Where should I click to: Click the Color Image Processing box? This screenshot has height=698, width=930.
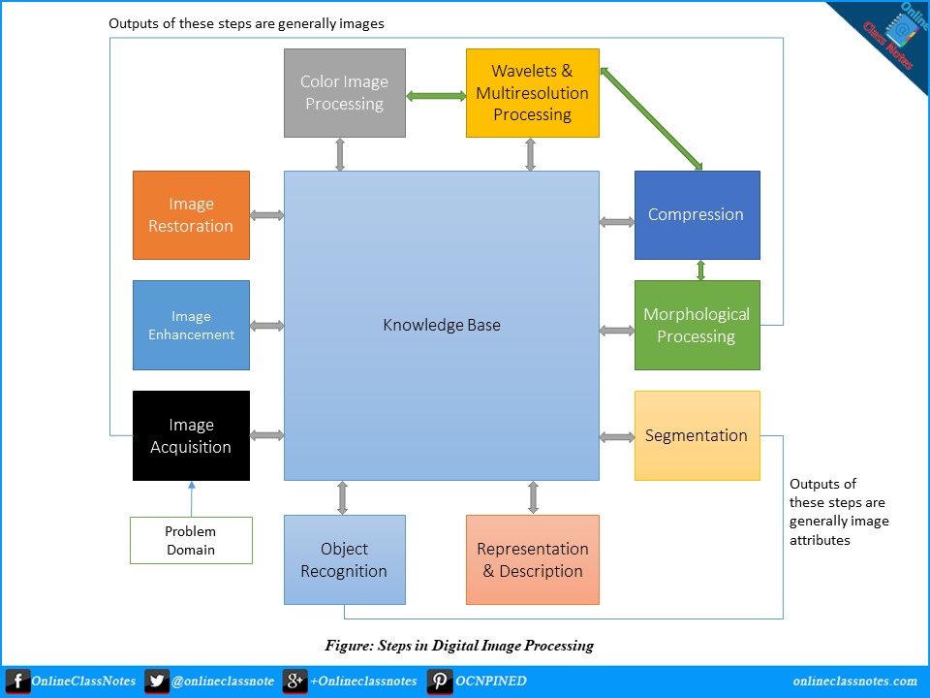point(345,93)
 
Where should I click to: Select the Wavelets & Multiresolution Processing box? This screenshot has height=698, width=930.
point(533,93)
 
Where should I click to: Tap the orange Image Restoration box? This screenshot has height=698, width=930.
point(191,215)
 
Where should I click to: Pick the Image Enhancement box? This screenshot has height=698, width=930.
point(191,326)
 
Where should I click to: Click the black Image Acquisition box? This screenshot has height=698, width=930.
point(191,435)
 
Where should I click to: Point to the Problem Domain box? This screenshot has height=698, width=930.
point(191,540)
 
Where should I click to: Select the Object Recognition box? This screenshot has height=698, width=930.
point(345,559)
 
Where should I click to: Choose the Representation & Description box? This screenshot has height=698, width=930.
point(533,559)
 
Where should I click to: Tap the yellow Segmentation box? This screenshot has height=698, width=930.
point(697,435)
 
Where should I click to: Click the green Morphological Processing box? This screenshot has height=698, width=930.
point(697,326)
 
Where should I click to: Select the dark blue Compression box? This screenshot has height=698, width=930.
point(697,215)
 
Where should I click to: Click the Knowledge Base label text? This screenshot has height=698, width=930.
point(442,326)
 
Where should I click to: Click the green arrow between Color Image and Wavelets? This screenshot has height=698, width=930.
point(436,96)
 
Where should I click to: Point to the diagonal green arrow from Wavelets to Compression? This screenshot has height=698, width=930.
point(651,118)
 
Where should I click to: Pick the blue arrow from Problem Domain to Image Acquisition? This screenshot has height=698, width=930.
point(192,498)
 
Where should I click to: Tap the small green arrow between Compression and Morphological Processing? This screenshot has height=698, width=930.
point(700,270)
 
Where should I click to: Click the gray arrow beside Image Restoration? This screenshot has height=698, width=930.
point(267,215)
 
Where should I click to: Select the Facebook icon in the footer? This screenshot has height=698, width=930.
point(17,681)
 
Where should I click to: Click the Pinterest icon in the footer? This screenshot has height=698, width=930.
point(440,681)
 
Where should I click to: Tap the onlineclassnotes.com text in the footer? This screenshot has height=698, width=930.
point(854,681)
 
